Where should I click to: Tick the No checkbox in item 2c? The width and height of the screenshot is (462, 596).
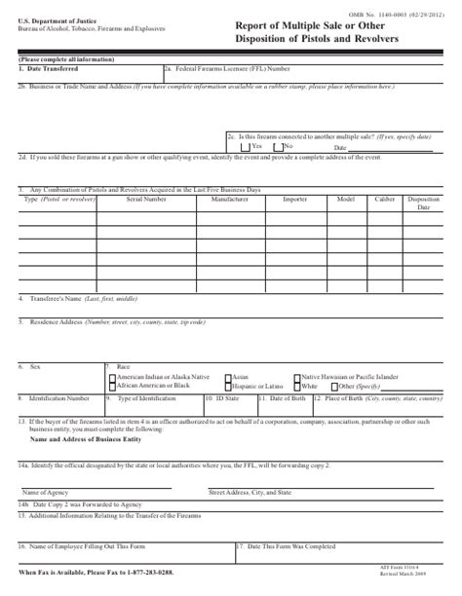click(x=280, y=145)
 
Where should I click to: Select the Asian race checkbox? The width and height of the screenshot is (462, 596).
click(x=228, y=375)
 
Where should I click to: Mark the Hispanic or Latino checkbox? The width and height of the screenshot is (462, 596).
click(x=228, y=385)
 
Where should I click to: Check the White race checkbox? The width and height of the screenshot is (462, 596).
click(x=296, y=385)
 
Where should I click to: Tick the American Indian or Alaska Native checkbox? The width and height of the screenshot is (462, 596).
click(x=110, y=375)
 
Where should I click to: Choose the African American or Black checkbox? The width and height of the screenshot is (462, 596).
click(x=110, y=385)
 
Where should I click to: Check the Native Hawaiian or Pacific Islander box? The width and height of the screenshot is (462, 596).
click(x=296, y=375)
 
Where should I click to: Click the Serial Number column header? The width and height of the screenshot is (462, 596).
click(x=145, y=198)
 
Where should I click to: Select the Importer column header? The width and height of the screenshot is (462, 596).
click(x=294, y=198)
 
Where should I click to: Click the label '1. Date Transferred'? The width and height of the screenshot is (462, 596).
click(x=47, y=68)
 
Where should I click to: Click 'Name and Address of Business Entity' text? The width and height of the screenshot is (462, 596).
click(x=84, y=438)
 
